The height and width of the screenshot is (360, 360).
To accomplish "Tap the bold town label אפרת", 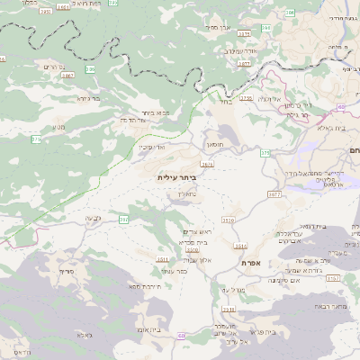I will [251, 262].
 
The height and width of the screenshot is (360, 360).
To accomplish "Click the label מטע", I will [59, 127].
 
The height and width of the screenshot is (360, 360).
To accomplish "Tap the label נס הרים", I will [53, 67].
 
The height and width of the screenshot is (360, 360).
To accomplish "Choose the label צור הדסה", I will [133, 119].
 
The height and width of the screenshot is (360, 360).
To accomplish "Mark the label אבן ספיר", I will [220, 28].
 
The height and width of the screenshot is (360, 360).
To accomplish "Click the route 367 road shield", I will [124, 219].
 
